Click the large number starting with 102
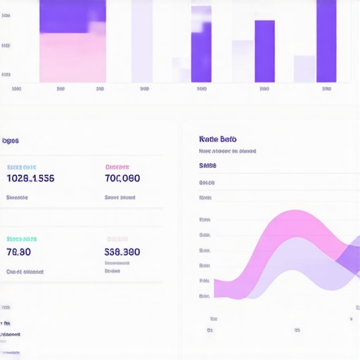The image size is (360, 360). pos(30,179)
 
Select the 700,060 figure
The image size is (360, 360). pos(122,179)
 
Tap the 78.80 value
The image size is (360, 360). pos(19,252)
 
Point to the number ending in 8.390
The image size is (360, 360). pos(122,252)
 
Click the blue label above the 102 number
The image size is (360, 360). pos(21,167)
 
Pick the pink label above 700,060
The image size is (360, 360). pos(117,167)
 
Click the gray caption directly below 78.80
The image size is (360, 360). pos(25,271)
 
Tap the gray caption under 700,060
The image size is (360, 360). pos(120,198)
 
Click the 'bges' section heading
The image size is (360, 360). pos(11,141)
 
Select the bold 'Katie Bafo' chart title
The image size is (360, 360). pos(218,139)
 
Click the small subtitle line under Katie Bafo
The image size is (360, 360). pos(227,150)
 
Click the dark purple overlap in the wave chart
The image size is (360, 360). pos(348,259)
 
